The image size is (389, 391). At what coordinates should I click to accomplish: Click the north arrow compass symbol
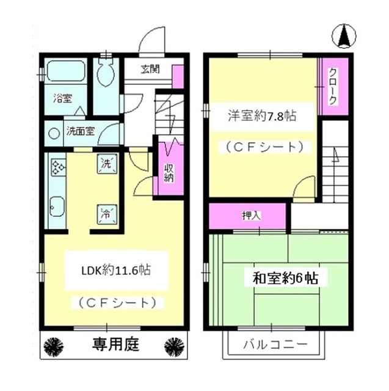tap(343, 37)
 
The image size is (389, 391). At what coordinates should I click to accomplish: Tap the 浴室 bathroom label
tap(61, 98)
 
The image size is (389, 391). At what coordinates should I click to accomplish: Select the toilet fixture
tap(107, 72)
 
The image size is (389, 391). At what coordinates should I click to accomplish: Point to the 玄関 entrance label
tap(150, 69)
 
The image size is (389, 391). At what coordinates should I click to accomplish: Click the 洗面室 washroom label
tap(80, 130)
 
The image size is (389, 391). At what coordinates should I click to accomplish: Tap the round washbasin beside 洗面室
tap(54, 132)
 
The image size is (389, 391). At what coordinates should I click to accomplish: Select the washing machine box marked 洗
tap(106, 164)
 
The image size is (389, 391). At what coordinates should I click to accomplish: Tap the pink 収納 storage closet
tap(169, 169)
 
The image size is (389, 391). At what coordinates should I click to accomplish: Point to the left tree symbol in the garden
tap(56, 345)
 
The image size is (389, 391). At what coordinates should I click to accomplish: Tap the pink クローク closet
tap(333, 87)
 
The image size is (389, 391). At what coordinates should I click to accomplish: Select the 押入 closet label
tap(247, 216)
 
